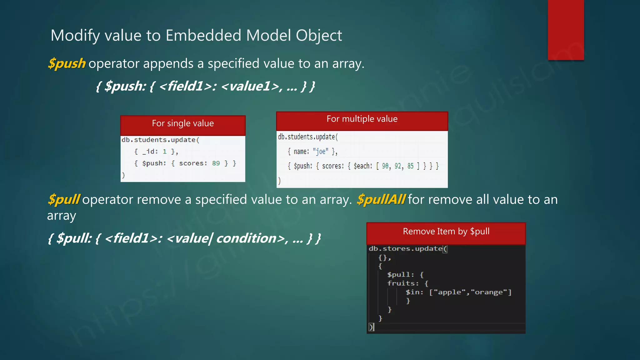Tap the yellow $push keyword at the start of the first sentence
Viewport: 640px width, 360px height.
pos(67,63)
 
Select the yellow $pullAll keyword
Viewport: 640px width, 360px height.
pos(381,199)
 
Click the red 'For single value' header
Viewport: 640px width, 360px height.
pos(183,124)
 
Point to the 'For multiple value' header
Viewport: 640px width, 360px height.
pos(362,119)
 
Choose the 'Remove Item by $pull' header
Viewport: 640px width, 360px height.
pos(446,232)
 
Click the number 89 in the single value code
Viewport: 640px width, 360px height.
pos(216,163)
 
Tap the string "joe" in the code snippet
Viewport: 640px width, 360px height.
pos(321,152)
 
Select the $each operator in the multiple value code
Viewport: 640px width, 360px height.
pos(362,166)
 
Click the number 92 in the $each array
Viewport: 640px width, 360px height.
pos(398,166)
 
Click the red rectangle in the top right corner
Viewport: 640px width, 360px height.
pos(566,30)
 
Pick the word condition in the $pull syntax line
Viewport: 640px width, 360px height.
pos(246,238)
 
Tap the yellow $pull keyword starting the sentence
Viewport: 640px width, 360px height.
pos(64,199)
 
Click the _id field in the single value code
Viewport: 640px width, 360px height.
pos(148,152)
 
